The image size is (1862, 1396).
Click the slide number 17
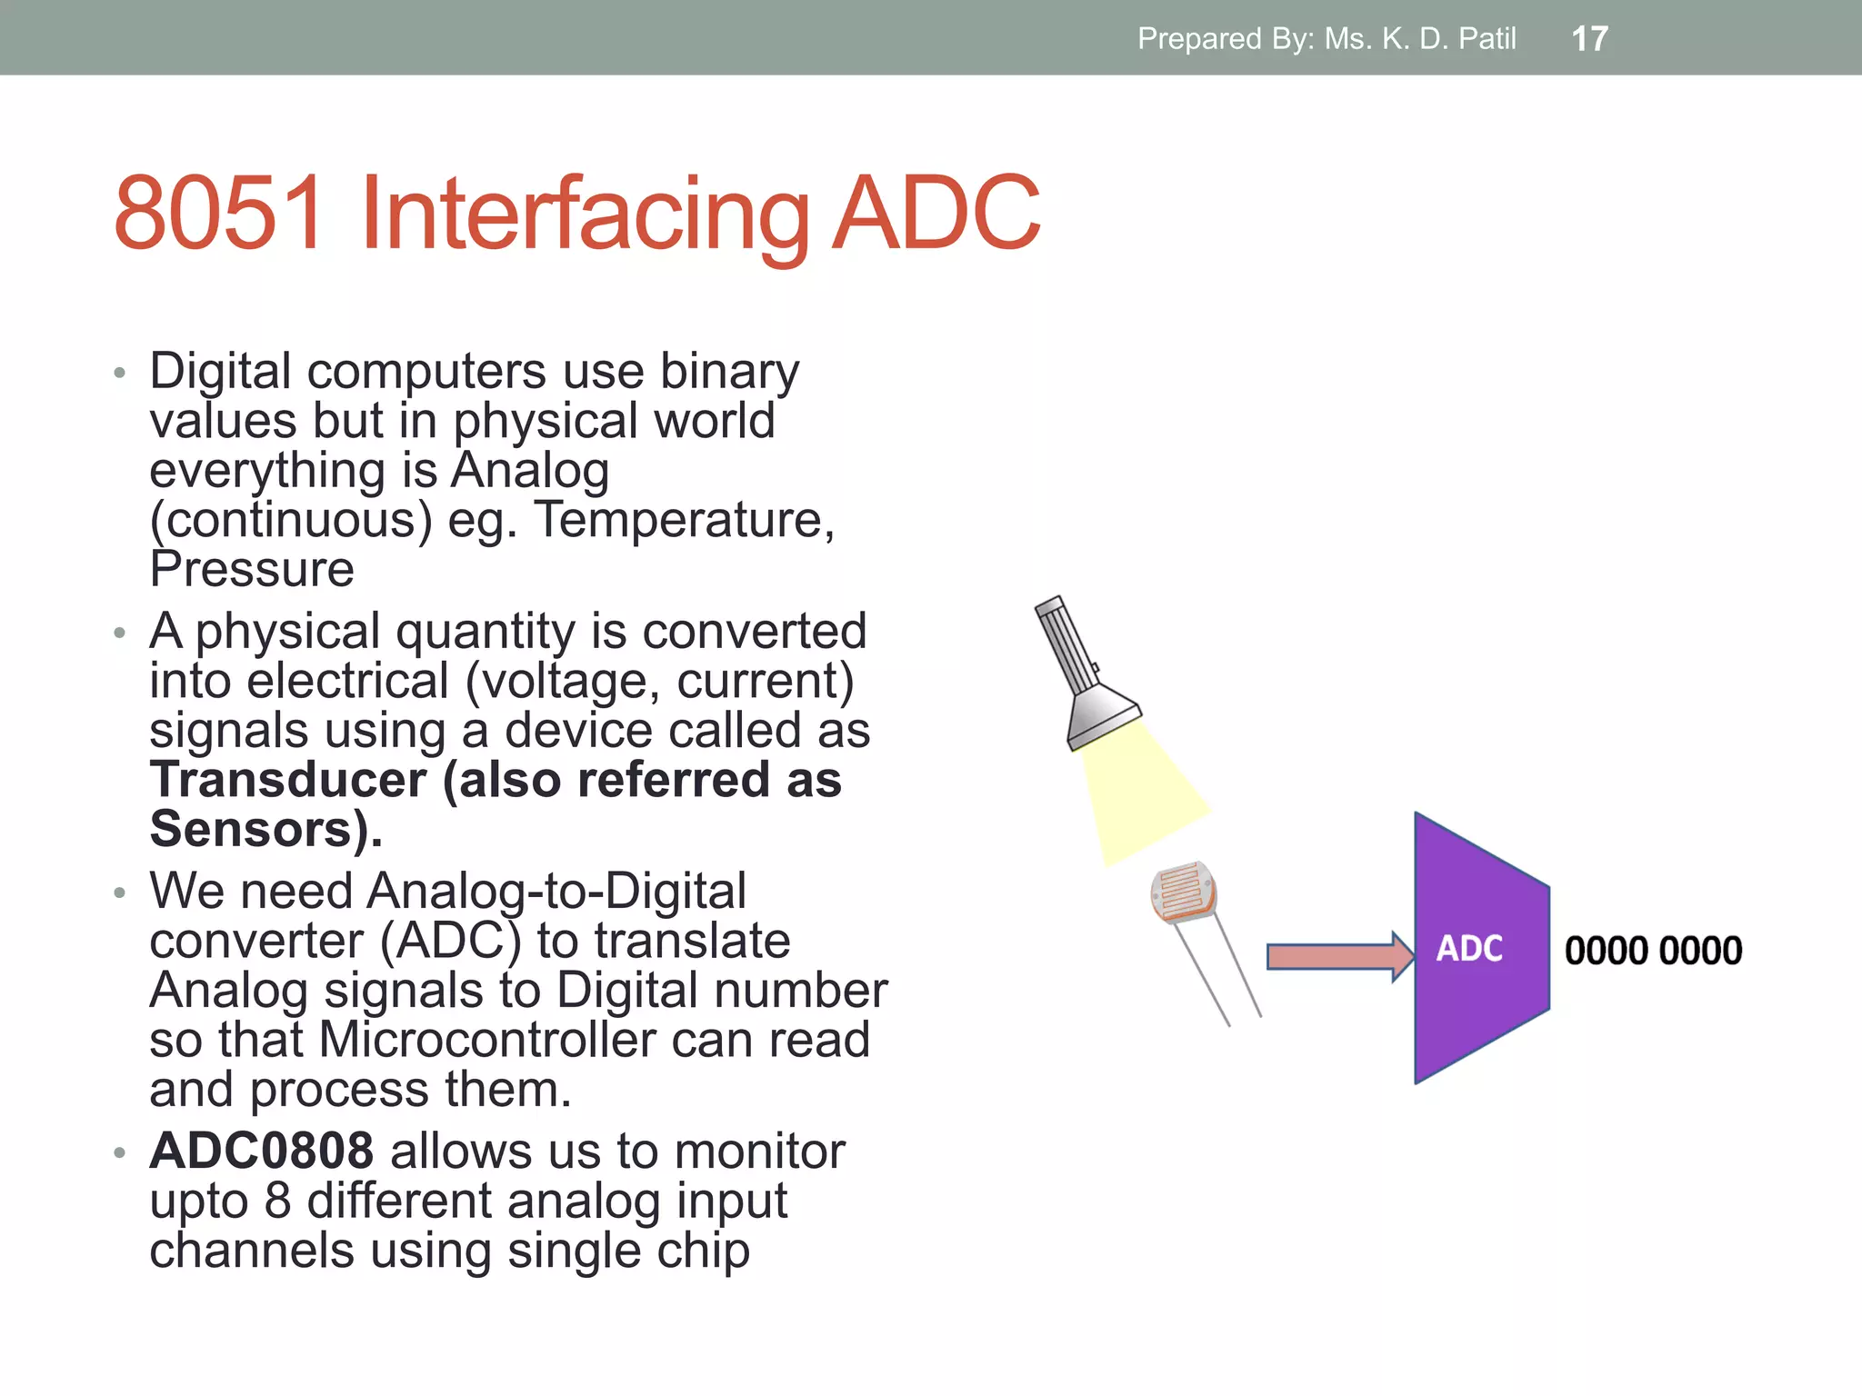[x=1589, y=39]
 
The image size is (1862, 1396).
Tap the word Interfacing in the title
[x=585, y=214]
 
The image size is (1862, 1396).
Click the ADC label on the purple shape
[x=1468, y=949]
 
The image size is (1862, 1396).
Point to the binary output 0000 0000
[x=1653, y=951]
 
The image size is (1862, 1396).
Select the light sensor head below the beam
[x=1183, y=892]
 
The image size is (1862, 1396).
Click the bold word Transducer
[x=288, y=780]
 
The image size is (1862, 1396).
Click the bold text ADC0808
[x=262, y=1151]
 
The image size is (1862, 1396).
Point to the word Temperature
[x=684, y=520]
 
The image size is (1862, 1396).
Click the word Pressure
[x=252, y=570]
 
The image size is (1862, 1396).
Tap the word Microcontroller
[x=487, y=1040]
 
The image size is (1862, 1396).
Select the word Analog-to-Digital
[x=556, y=891]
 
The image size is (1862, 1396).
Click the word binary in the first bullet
[x=729, y=371]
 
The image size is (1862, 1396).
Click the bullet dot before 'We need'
[x=119, y=892]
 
